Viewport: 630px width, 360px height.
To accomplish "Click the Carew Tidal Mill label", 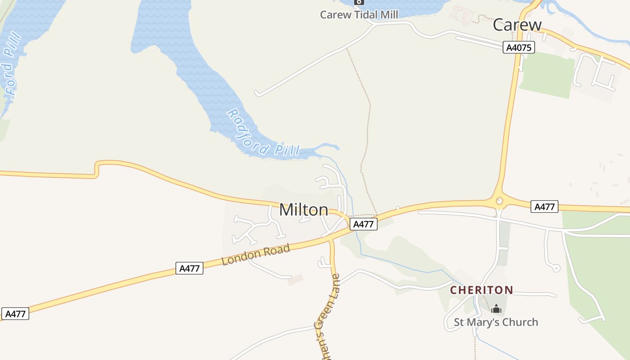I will [x=359, y=15].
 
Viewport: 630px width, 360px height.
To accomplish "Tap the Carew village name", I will [x=517, y=25].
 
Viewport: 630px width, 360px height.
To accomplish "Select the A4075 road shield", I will [x=518, y=48].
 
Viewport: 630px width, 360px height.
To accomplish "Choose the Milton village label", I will [x=304, y=210].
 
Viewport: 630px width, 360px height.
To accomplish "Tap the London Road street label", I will [x=256, y=255].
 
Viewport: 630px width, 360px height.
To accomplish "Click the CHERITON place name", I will [x=481, y=290].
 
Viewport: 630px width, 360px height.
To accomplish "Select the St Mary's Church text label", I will [x=495, y=322].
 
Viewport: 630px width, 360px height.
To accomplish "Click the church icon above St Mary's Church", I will [x=496, y=309].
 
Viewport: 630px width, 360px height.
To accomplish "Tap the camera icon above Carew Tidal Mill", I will [x=359, y=2].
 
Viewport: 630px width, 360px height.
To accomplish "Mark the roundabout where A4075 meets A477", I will [x=499, y=201].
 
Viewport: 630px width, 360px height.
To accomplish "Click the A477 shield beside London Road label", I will [x=189, y=269].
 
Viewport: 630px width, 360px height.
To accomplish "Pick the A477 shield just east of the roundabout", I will [x=544, y=207].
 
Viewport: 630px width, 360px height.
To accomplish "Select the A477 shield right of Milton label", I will [x=363, y=224].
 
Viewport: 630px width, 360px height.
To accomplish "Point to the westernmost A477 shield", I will [x=15, y=314].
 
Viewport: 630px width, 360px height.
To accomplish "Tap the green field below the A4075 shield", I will [x=546, y=74].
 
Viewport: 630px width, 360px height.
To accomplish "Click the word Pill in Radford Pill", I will [x=287, y=149].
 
